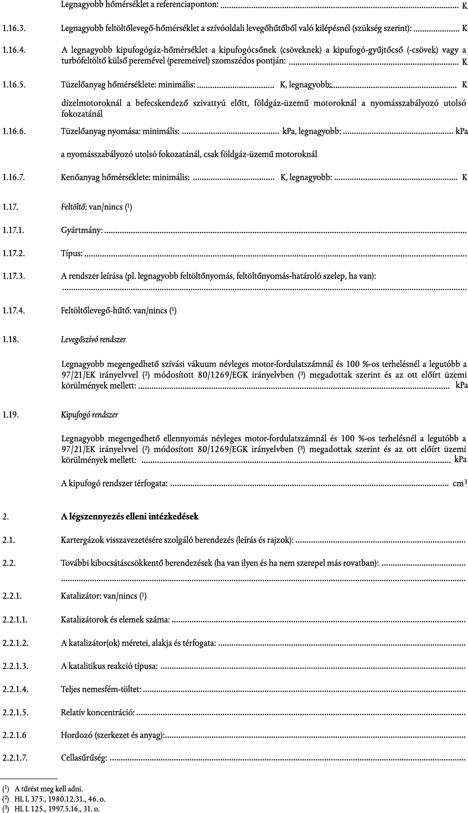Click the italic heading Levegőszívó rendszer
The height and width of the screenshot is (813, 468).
tap(93, 339)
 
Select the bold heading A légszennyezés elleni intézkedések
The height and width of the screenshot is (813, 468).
tap(130, 516)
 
